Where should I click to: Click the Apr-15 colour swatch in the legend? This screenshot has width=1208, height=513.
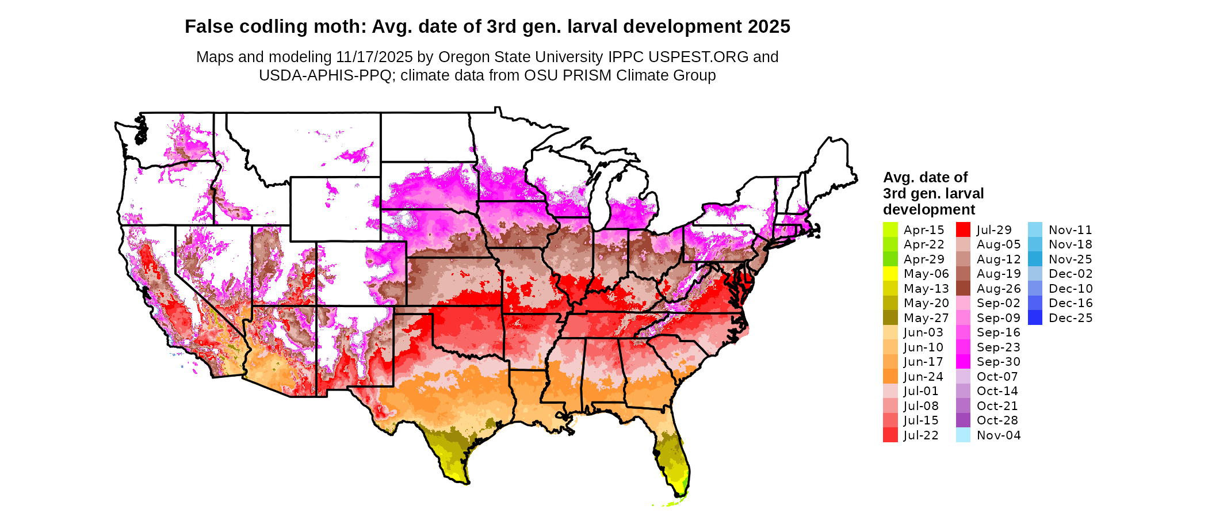click(890, 229)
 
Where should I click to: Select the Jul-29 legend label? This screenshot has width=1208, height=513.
click(994, 230)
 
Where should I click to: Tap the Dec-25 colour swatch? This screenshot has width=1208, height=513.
click(1035, 317)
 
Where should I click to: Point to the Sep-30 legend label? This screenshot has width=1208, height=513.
click(999, 362)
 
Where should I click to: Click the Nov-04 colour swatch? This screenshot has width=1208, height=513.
click(963, 435)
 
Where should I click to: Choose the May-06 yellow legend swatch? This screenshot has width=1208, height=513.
click(890, 274)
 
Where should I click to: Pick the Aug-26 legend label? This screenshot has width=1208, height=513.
click(999, 289)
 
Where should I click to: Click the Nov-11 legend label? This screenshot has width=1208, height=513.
click(1070, 230)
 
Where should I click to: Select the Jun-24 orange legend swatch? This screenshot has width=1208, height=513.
click(890, 376)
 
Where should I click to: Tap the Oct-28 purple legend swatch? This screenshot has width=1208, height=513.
click(963, 420)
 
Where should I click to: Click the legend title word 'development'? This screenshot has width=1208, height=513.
click(929, 209)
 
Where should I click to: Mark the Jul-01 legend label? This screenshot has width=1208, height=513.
click(921, 391)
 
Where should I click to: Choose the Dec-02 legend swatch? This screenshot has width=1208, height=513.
click(1035, 274)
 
